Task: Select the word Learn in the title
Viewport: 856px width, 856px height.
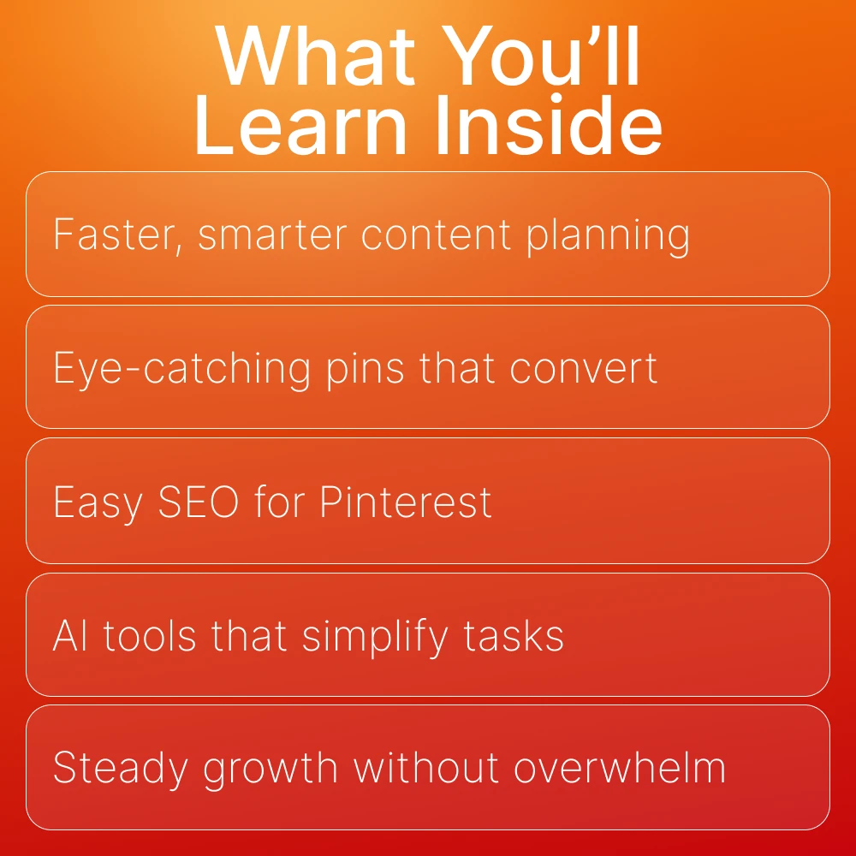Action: tap(301, 126)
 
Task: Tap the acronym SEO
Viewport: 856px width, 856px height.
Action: tap(199, 502)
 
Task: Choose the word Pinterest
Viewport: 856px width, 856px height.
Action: tap(406, 502)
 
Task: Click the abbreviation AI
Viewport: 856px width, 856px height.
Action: tap(69, 635)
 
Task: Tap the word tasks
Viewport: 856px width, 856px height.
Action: tap(514, 636)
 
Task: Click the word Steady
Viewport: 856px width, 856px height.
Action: tap(121, 769)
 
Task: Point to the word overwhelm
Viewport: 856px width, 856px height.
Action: tap(619, 768)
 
